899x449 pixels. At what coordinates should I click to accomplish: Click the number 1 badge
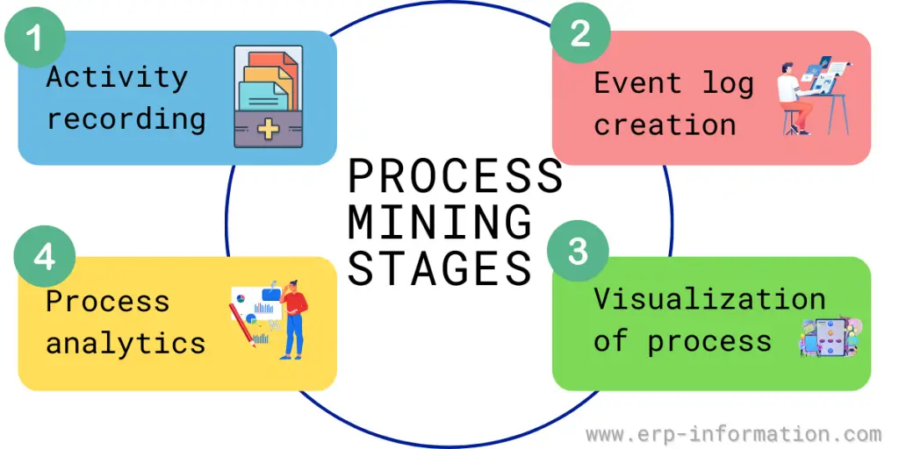(x=34, y=39)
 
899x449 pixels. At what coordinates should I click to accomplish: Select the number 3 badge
(x=577, y=253)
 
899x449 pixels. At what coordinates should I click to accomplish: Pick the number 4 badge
(x=45, y=260)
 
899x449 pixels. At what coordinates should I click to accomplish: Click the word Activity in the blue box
(x=117, y=78)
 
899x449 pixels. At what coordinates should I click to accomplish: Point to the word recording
(x=126, y=118)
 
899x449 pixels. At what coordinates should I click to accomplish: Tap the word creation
(x=665, y=125)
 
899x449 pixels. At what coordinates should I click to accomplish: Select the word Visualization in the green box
(x=709, y=299)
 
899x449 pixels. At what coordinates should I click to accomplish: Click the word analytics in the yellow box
(x=126, y=342)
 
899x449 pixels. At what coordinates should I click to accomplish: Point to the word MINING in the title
(x=440, y=221)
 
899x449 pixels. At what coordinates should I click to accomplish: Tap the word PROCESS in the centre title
(x=455, y=176)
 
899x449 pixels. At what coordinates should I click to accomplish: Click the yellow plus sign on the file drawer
(x=268, y=130)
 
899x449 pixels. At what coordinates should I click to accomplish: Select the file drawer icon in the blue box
(x=268, y=96)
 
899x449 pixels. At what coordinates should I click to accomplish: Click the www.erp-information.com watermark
(x=733, y=434)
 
